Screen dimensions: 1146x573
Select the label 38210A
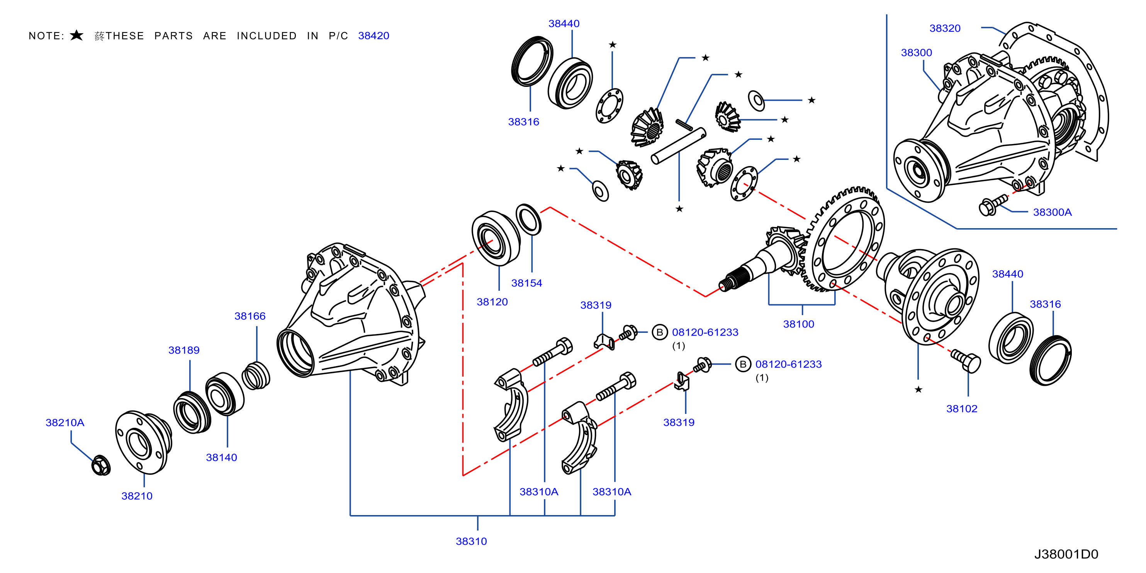coord(65,423)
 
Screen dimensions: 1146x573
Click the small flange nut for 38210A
coord(101,465)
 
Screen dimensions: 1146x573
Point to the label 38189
coord(184,350)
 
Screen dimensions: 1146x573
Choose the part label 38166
coord(250,316)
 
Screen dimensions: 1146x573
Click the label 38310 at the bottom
coord(471,541)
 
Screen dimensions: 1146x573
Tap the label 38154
coord(526,283)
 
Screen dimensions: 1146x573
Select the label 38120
coord(492,302)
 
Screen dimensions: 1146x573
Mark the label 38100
coord(798,324)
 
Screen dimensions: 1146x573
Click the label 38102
coord(961,409)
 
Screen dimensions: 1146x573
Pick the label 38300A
coord(1052,212)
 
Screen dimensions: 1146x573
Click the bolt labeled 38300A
coord(993,205)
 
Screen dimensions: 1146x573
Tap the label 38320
coord(945,29)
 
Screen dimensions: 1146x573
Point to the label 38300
coord(917,53)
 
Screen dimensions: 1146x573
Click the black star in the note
coord(76,35)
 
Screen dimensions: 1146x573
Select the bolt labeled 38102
coord(966,360)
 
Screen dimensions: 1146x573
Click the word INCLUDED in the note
coord(267,36)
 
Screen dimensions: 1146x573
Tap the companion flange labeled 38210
coord(143,442)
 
